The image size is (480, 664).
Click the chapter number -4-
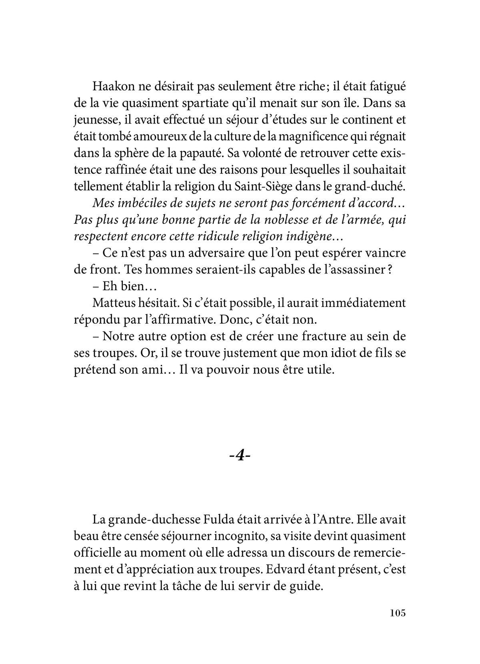tap(240, 456)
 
